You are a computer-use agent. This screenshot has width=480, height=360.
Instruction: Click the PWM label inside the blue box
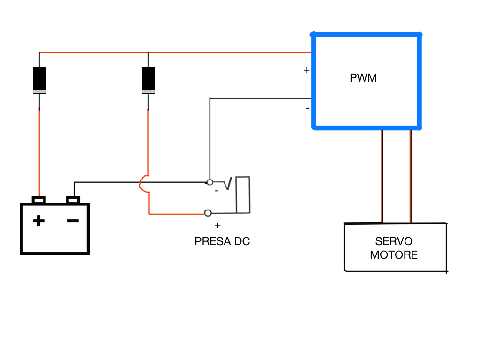coord(363,78)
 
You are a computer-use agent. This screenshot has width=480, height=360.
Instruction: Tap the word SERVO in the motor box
coord(394,241)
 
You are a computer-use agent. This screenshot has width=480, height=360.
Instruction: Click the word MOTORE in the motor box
coord(394,255)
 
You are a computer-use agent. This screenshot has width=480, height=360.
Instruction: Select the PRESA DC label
coord(222,242)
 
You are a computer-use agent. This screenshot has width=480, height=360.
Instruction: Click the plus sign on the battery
coord(39,220)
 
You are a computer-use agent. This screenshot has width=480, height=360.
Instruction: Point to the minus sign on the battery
coord(73,220)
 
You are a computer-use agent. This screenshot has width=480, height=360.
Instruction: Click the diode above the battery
coord(39,80)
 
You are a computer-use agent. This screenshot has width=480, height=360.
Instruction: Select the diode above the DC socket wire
coord(148,80)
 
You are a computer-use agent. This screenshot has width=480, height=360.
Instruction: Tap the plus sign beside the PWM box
coord(307,71)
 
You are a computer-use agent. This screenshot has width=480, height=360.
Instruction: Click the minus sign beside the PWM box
coord(307,109)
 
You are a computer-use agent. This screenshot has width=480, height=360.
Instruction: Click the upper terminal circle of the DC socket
coord(210,182)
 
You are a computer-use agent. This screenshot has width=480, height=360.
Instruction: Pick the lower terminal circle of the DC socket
coord(208,213)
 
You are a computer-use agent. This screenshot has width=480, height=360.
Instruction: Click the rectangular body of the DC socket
coord(243,195)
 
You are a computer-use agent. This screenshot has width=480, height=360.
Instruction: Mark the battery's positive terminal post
coord(39,200)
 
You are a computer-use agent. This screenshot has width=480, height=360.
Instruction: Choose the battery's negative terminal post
coord(73,200)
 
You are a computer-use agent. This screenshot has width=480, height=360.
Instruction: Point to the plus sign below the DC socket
coord(217,225)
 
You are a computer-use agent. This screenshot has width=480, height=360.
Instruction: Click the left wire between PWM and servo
coord(382,176)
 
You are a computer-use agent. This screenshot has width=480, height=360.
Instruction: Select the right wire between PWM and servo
coord(411,176)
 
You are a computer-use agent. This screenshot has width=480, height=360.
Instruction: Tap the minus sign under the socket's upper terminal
coord(216,191)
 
